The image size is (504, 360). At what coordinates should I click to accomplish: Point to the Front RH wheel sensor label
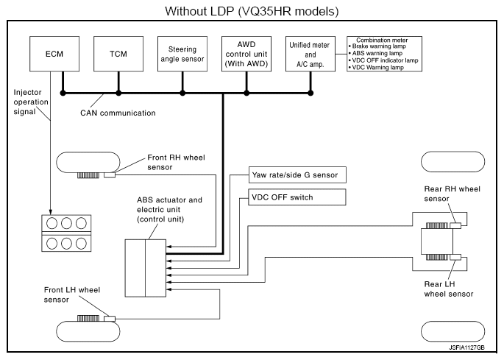point(167,160)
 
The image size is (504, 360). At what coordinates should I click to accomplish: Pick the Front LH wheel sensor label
point(64,294)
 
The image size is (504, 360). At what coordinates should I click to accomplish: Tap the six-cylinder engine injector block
point(62,233)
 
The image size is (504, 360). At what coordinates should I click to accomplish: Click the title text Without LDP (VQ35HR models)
point(252,11)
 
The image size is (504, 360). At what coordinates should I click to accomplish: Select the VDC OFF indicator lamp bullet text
point(387,60)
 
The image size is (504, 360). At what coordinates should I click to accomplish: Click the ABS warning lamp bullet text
point(378,52)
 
